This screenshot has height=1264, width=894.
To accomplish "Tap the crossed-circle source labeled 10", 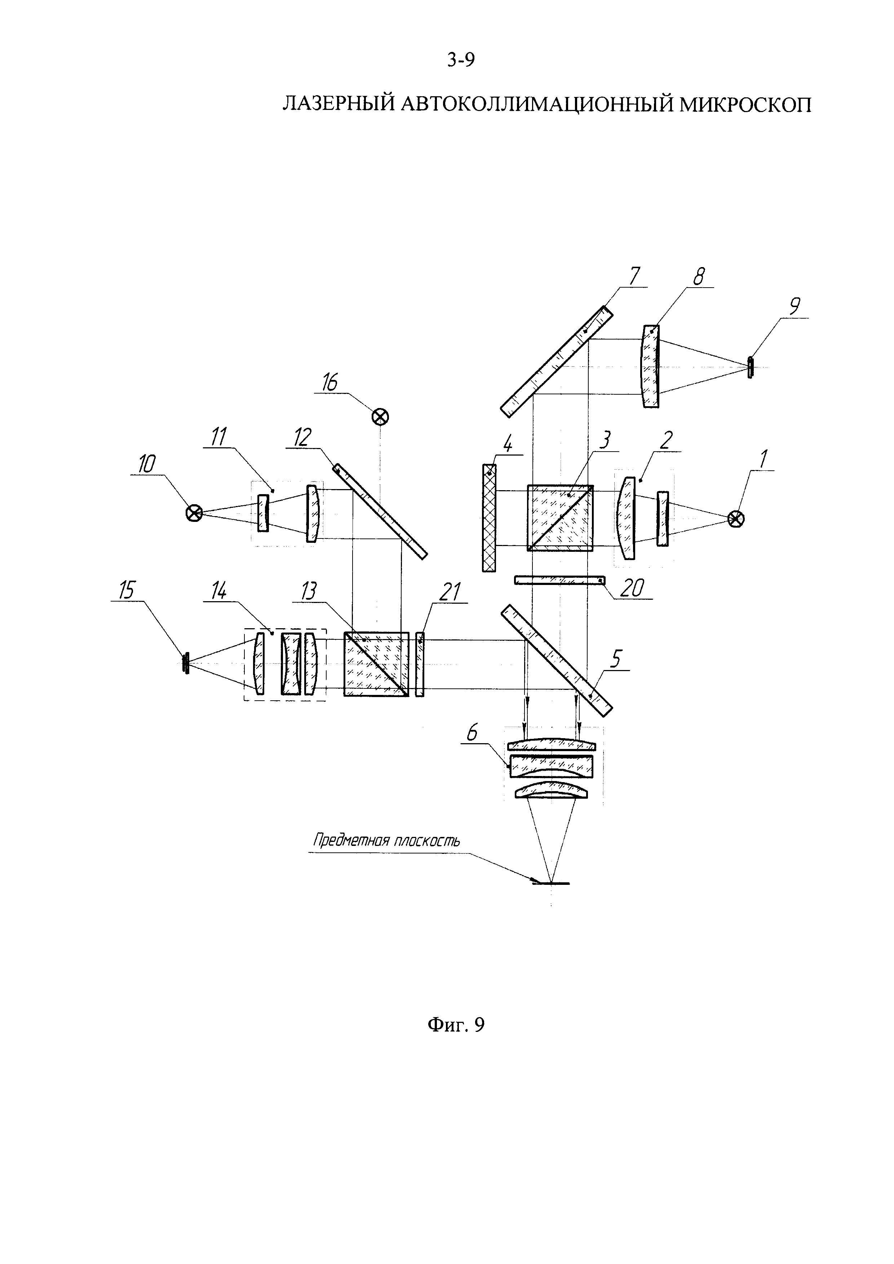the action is coord(194,513).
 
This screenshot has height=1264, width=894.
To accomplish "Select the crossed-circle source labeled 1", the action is coord(736,519).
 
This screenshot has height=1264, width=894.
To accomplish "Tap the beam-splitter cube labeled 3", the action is coord(561,518).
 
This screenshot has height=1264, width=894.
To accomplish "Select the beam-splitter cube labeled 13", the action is coord(377,665).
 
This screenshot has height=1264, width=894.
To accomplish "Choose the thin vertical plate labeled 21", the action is coord(420,665).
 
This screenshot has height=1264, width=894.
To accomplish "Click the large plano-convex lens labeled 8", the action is coord(651,366).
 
